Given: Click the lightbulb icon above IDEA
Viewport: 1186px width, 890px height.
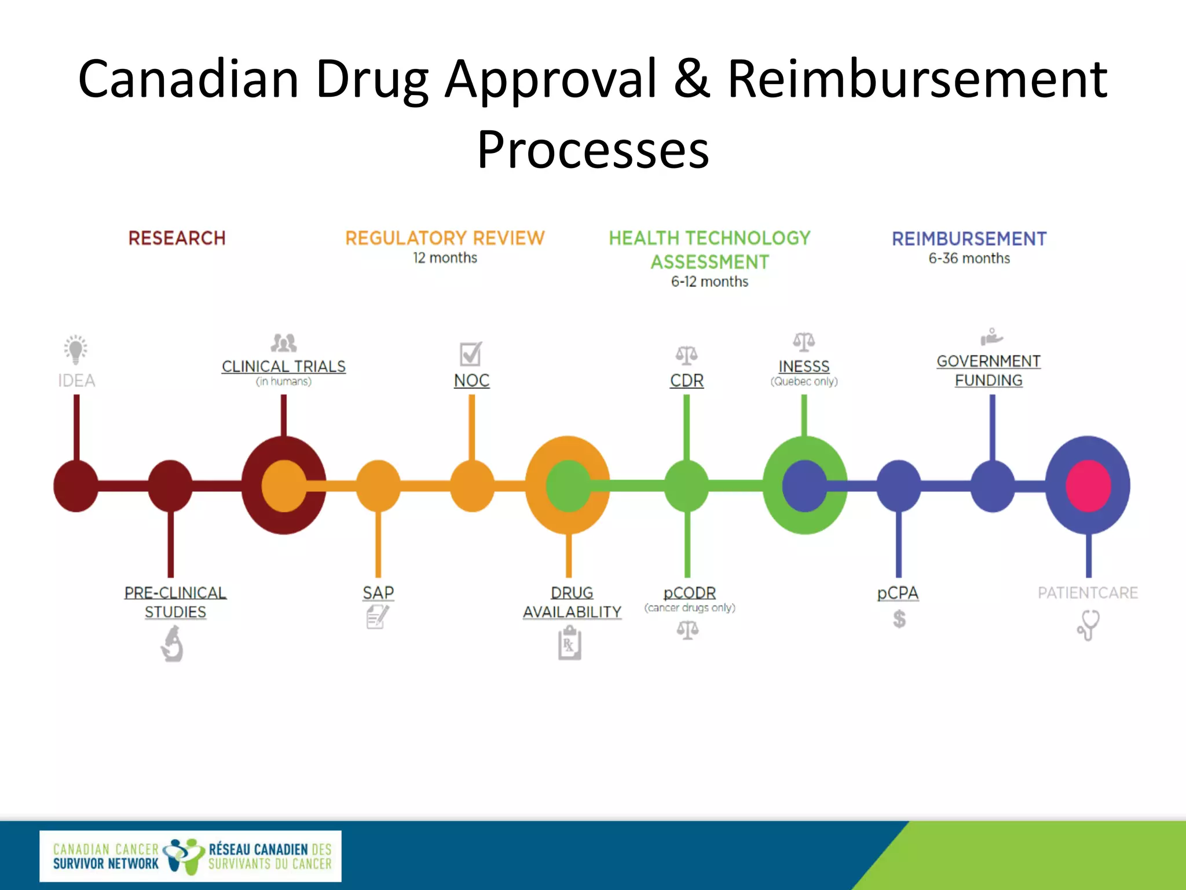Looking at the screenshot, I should click(x=76, y=349).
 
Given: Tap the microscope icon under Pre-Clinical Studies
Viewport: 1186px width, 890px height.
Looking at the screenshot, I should click(x=172, y=644).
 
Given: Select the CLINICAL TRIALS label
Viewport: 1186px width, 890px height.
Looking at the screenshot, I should click(x=283, y=366).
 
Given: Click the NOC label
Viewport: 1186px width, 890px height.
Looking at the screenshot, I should click(x=471, y=381).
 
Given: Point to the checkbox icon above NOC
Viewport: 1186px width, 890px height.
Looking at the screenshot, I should click(x=470, y=353).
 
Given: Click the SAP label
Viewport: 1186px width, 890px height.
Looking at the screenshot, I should click(x=378, y=593).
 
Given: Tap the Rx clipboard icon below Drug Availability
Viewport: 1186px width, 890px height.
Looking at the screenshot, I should click(x=569, y=644).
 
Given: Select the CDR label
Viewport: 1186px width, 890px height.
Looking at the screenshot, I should click(x=687, y=381).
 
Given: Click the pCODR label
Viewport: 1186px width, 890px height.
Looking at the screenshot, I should click(x=689, y=593).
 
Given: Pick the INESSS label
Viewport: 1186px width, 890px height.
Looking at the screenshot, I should click(x=804, y=366).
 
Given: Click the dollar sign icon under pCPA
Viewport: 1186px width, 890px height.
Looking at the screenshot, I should click(x=899, y=619).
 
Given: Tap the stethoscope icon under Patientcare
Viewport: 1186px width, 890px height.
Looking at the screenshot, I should click(x=1088, y=625).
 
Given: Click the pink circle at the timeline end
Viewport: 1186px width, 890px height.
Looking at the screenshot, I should click(x=1088, y=486).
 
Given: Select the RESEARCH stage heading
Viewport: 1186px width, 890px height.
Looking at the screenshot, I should click(x=177, y=238).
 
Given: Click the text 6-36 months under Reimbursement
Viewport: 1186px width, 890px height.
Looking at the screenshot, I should click(x=969, y=258).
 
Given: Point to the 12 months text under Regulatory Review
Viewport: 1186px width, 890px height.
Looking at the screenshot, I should click(x=445, y=258).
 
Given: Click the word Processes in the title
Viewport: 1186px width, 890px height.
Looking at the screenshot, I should click(x=592, y=150).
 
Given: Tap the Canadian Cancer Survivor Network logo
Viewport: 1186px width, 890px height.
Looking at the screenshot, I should click(x=190, y=856).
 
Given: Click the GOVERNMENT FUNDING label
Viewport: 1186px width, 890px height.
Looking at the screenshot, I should click(x=989, y=371).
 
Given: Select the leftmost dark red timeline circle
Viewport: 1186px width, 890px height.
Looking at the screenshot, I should click(x=76, y=486).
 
